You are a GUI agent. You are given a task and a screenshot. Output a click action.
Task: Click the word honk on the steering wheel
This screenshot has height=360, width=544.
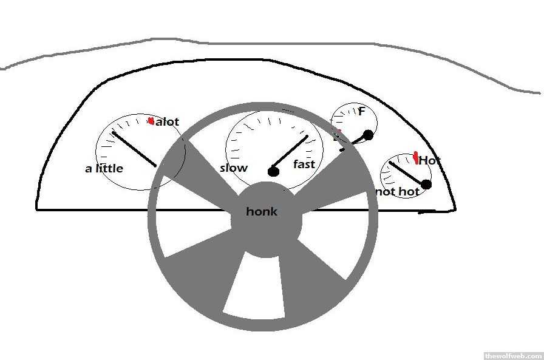tap(262, 211)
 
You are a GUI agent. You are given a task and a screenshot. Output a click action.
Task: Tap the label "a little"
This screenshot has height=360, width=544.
tap(104, 169)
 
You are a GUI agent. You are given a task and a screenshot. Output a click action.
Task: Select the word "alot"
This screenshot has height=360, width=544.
tap(167, 122)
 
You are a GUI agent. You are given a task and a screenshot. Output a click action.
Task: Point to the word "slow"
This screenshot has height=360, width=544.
tap(234, 168)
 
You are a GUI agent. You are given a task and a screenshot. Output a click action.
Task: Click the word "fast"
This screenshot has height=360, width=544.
tap(304, 164)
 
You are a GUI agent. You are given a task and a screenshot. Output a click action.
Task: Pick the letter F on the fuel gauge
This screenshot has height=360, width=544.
tap(361, 111)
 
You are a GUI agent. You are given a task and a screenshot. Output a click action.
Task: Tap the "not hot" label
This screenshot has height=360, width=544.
tap(398, 191)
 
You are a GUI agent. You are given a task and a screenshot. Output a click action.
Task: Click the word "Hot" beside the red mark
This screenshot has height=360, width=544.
tap(429, 161)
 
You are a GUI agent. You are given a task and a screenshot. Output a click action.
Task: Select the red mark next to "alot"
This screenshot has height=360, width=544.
tap(151, 121)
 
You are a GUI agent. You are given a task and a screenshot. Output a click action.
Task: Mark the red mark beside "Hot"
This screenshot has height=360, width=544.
tap(416, 158)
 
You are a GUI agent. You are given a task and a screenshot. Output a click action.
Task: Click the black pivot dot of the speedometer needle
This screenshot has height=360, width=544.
tap(273, 172)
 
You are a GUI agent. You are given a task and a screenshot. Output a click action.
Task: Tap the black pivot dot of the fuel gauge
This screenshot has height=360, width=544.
tap(368, 135)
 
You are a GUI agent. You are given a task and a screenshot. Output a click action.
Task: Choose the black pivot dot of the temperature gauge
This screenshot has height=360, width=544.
tap(426, 185)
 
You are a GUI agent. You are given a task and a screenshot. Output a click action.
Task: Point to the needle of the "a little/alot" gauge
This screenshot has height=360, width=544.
tap(134, 149)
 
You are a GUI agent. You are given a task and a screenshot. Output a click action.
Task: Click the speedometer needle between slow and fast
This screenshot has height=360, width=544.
tap(290, 152)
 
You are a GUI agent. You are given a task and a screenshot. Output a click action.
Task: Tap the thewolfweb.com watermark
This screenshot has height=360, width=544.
tap(514, 356)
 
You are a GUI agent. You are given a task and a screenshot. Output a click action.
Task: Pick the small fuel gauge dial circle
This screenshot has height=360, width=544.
tap(354, 124)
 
